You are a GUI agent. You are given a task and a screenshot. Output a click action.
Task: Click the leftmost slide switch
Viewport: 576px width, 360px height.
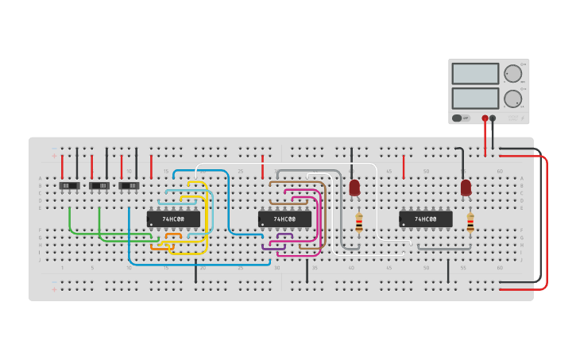69,186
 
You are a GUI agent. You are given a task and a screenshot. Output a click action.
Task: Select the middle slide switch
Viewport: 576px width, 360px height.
99,186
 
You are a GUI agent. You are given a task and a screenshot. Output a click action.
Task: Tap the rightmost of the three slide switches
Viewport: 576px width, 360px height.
129,186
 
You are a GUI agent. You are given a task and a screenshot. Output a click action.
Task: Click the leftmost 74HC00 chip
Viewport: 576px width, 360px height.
173,219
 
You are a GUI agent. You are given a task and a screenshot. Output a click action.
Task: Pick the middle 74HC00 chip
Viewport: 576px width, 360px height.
284,219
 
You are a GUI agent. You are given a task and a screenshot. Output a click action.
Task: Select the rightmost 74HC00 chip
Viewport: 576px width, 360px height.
425,219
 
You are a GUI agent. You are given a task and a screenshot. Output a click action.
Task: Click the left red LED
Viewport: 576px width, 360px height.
354,188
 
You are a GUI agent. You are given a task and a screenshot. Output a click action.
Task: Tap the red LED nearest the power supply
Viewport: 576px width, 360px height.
466,188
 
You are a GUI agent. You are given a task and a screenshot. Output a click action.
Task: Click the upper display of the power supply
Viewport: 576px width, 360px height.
475,74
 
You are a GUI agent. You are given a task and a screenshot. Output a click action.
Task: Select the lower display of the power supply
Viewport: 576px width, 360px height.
475,99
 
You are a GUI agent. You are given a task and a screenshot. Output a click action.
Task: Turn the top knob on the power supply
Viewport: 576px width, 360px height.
512,74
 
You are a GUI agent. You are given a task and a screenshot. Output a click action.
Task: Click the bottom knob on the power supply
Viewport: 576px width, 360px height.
512,99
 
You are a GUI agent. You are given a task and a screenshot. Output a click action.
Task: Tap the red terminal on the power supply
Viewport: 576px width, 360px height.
485,118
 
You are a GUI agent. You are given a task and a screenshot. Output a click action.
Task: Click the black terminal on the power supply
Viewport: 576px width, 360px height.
493,118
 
